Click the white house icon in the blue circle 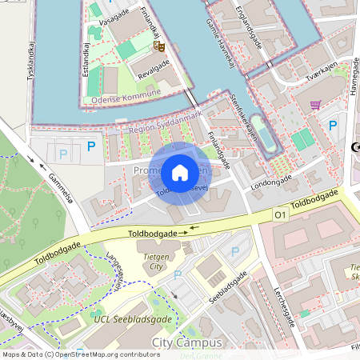tap(179, 172)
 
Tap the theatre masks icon tap(159, 46)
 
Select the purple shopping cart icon tap(315, 104)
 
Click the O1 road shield tap(280, 214)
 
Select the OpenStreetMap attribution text tap(80, 354)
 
